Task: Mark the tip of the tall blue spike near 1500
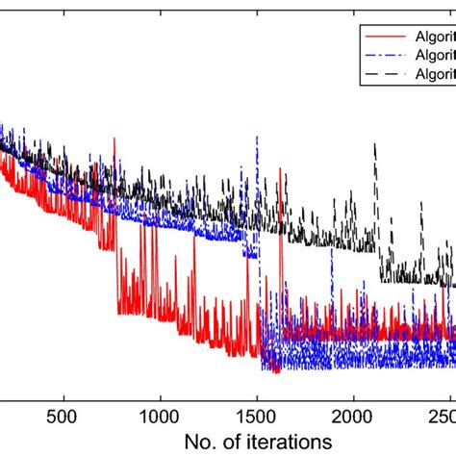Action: click(258, 138)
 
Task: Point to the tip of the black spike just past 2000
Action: click(375, 143)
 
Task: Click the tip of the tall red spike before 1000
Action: click(114, 139)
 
